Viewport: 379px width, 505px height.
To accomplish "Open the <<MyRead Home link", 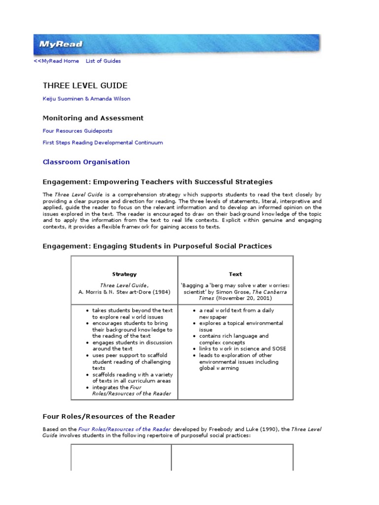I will (x=56, y=61).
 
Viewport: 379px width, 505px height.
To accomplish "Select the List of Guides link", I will (x=103, y=61).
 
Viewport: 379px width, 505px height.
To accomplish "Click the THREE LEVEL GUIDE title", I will (x=85, y=86).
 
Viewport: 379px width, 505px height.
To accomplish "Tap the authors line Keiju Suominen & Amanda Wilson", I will (x=87, y=99).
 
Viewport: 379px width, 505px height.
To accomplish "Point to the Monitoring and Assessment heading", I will (x=93, y=118).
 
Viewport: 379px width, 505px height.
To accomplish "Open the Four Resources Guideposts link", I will (x=77, y=131).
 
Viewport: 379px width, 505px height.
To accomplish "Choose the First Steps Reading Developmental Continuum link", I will (x=103, y=143).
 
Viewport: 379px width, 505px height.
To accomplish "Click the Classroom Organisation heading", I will (x=86, y=162).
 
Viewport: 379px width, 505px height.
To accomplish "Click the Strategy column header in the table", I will (x=124, y=274).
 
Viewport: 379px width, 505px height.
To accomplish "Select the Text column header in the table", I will (x=235, y=274).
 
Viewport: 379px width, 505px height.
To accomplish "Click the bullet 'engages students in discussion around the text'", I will (x=132, y=346).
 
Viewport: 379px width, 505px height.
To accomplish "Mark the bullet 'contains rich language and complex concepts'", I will (x=234, y=339).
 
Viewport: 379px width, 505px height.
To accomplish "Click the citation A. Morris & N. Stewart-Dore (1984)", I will (x=124, y=292).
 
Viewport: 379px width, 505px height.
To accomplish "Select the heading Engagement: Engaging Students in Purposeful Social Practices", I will (x=157, y=246).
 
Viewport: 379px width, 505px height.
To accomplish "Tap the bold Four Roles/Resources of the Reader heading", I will (x=109, y=417).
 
